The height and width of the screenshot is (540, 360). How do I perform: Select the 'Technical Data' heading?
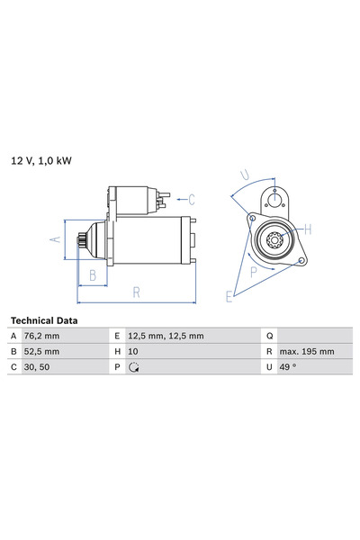[x=44, y=320]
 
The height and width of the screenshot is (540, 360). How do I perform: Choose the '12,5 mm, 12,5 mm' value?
[x=166, y=336]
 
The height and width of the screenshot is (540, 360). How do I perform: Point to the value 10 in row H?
[x=133, y=351]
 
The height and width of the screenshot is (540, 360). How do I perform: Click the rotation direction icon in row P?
[x=134, y=367]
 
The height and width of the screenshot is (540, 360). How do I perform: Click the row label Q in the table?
[x=269, y=336]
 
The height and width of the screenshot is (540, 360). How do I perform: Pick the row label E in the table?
[x=117, y=336]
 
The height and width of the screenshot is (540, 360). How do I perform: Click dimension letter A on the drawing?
[x=54, y=239]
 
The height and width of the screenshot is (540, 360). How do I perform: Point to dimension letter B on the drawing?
[x=92, y=275]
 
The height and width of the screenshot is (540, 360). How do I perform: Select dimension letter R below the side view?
[x=136, y=292]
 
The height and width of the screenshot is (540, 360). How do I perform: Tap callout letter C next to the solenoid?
[x=192, y=199]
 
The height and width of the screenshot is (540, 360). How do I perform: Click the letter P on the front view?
[x=254, y=270]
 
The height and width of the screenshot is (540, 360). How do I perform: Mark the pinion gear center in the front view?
[x=274, y=239]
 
